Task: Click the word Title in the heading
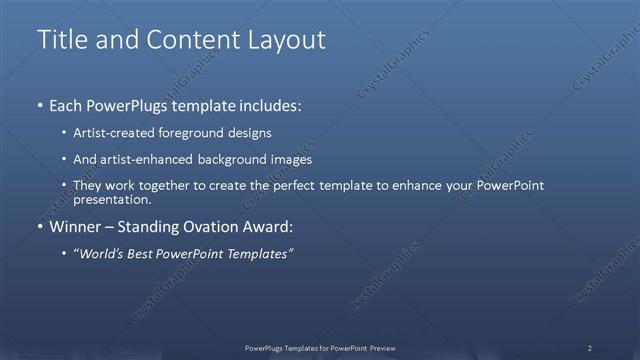pyautogui.click(x=59, y=40)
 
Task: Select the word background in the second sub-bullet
pyautogui.click(x=246, y=159)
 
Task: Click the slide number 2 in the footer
pyautogui.click(x=590, y=348)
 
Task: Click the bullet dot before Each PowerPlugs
pyautogui.click(x=39, y=105)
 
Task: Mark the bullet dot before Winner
pyautogui.click(x=39, y=227)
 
